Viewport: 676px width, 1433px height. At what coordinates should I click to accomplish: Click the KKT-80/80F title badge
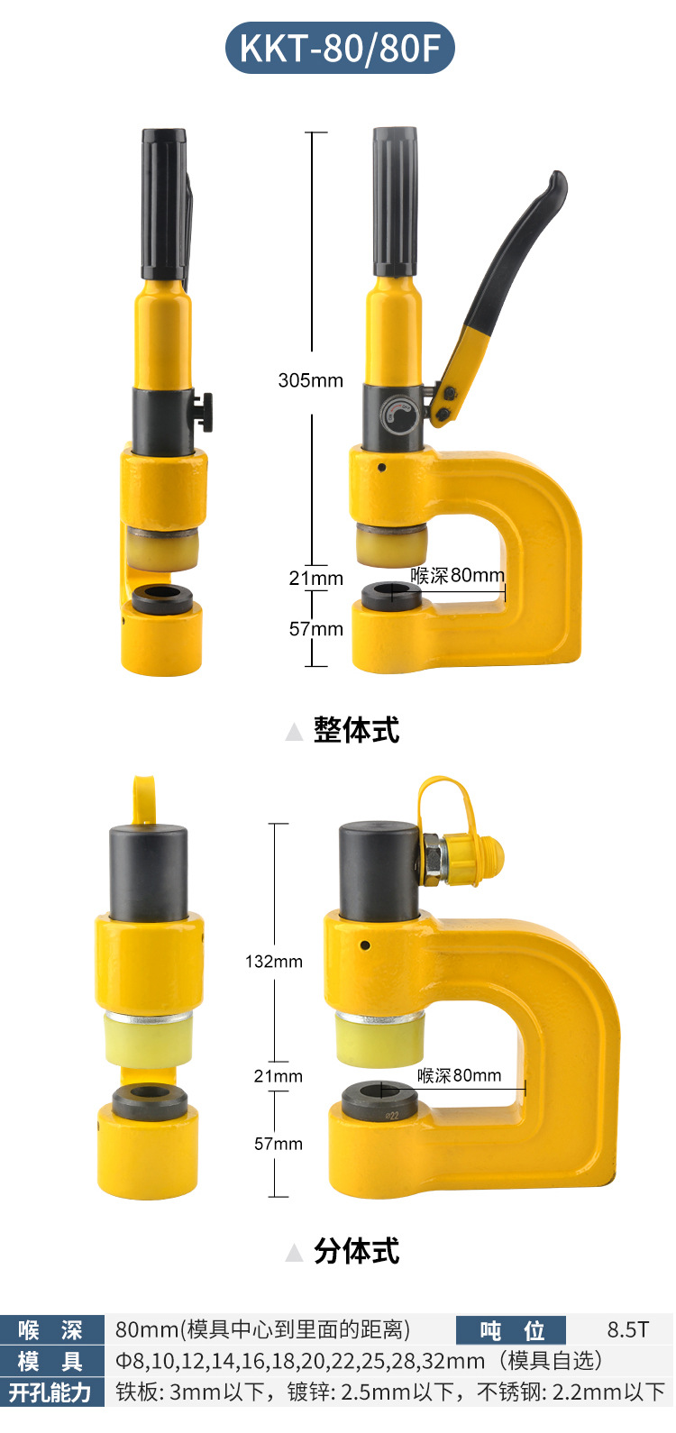tap(340, 48)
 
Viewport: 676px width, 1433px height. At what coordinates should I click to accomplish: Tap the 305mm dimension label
tap(311, 380)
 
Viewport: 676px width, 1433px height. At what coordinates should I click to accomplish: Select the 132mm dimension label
tap(274, 961)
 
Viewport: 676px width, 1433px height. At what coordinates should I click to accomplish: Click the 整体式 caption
tap(356, 730)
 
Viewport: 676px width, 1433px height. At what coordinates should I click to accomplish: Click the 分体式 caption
tap(356, 1251)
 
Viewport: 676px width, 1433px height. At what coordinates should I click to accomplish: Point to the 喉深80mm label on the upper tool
tap(458, 575)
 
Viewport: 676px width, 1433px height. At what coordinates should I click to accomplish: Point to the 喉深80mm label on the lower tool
tap(459, 1075)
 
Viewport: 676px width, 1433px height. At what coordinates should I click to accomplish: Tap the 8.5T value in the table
tap(628, 1330)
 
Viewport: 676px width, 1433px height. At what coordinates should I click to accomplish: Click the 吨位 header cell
tap(511, 1330)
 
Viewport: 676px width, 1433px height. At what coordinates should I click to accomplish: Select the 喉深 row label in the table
tap(51, 1330)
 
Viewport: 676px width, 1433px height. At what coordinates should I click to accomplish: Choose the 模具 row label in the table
tap(51, 1361)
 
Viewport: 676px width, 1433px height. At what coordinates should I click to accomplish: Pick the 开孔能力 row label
tap(51, 1392)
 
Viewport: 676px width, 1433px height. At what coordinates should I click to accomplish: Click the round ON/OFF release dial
tap(399, 415)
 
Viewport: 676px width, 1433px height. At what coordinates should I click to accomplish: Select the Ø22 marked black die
tap(379, 1100)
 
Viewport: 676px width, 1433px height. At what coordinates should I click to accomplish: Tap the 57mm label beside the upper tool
tap(316, 629)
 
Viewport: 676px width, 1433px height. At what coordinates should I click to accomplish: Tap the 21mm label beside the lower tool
tap(279, 1076)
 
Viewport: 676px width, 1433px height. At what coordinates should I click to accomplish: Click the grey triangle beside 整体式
tap(294, 732)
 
